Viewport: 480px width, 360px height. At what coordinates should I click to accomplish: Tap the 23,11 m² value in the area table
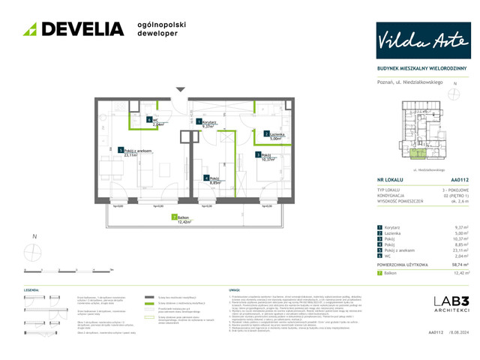pyautogui.click(x=460, y=250)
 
